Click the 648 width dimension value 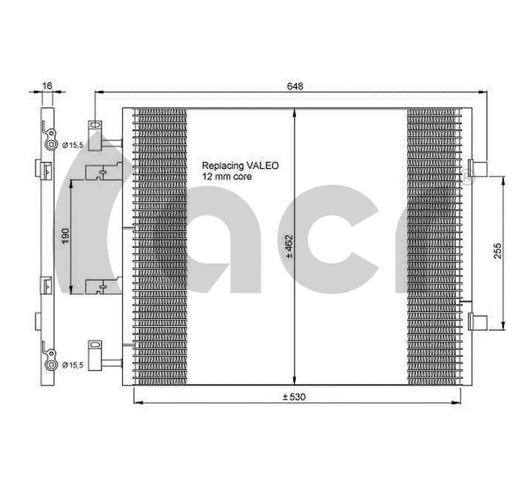point(295,87)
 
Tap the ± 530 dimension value point(293,397)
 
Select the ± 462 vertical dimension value point(289,246)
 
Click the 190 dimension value point(65,236)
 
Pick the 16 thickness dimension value point(47,87)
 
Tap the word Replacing point(222,166)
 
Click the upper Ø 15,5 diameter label point(75,144)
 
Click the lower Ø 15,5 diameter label point(75,364)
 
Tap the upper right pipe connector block point(477,168)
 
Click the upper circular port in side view point(52,144)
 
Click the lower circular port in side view point(52,364)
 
